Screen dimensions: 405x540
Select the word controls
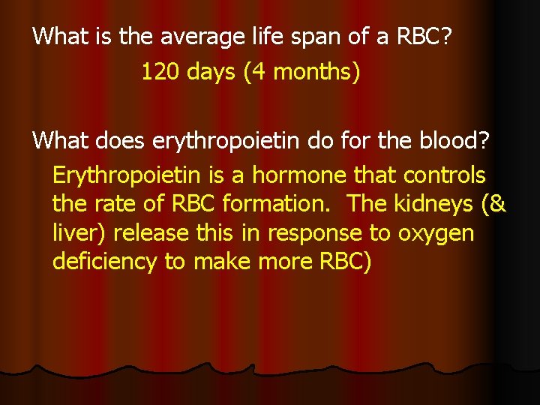(444, 176)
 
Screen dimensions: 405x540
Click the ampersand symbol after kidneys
(497, 205)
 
